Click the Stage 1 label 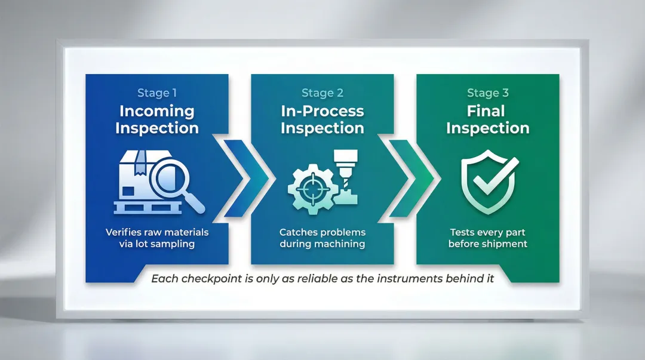[157, 93]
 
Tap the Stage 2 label [322, 93]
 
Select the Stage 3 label [487, 93]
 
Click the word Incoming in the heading [156, 111]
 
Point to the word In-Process [322, 111]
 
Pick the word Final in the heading [487, 111]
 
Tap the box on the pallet [134, 177]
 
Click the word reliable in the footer [317, 279]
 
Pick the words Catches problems [322, 232]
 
